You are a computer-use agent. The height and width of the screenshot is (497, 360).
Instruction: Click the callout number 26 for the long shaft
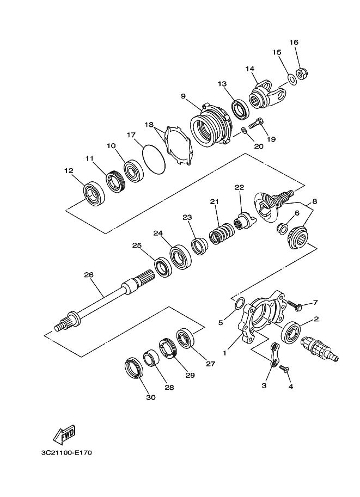point(89,274)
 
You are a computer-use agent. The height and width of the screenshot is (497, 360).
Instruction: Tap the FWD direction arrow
point(64,434)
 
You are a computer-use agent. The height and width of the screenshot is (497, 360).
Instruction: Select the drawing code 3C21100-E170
point(65,452)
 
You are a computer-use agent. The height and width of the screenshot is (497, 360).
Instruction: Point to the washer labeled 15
point(292,80)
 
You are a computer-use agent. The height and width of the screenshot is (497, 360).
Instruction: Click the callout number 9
point(184,96)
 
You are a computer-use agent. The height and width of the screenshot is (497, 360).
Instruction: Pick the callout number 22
point(239,187)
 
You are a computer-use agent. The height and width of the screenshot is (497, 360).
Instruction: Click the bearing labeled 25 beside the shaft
point(161,265)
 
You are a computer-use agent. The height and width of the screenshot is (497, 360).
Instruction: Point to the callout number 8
point(314,201)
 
